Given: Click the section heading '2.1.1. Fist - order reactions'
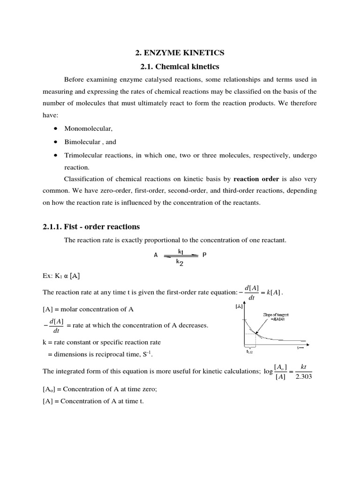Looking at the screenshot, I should pos(91,227).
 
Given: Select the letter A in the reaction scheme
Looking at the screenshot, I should pos(156,255).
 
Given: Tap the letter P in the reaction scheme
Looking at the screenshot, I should pos(204,255).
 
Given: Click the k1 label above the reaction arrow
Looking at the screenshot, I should pos(181,251).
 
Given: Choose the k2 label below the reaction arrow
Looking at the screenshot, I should pos(180,262).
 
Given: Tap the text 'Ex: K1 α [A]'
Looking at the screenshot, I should pos(61,276).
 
